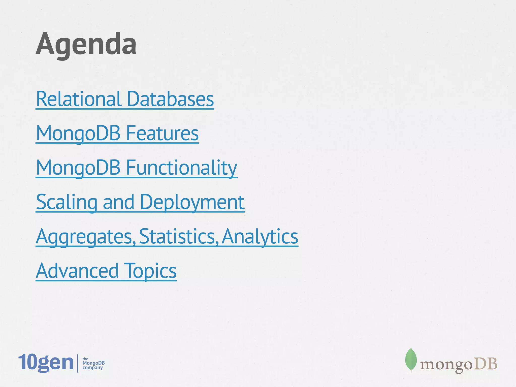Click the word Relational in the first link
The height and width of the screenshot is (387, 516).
coord(79,99)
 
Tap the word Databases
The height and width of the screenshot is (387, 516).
coord(170,99)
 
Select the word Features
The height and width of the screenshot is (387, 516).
coord(162,133)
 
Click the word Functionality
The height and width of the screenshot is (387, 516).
coord(181,168)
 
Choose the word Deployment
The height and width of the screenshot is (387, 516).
coord(192,202)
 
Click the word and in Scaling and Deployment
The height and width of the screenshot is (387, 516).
coord(118,202)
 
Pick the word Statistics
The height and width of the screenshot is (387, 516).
coord(178,237)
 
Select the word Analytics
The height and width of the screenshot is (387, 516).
coord(260,237)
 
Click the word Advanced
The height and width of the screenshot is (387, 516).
coord(77,271)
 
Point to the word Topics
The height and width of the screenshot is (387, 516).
coord(150,271)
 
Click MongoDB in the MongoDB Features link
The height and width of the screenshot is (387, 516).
coord(78,133)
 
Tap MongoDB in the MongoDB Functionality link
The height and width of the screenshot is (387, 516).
coord(78,168)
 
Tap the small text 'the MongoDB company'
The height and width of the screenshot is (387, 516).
coord(93,363)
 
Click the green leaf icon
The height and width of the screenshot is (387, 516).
coord(411,360)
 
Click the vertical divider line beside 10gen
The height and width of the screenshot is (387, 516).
coord(78,363)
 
